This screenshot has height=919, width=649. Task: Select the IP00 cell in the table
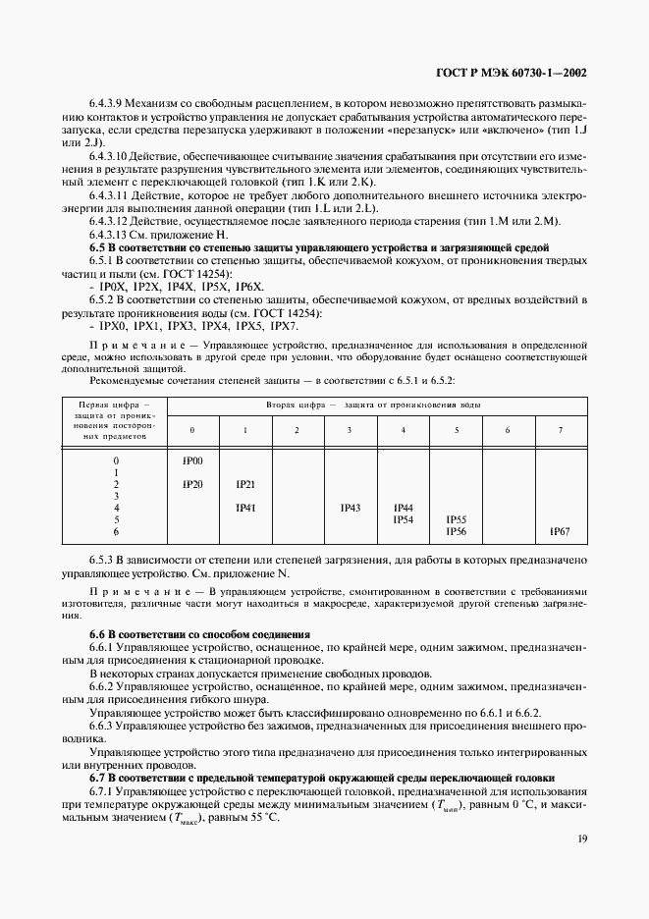(192, 460)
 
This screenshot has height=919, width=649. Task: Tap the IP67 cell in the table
(561, 531)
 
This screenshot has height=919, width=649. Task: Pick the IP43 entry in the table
(351, 508)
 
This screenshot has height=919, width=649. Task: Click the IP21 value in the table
(244, 484)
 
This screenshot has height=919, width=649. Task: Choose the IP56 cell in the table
(456, 531)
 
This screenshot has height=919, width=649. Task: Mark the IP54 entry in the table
(403, 519)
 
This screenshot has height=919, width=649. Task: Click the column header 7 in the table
(561, 430)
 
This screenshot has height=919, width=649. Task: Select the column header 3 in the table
(351, 430)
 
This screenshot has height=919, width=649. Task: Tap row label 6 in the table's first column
(116, 531)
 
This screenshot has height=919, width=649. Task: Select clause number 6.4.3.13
(114, 234)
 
